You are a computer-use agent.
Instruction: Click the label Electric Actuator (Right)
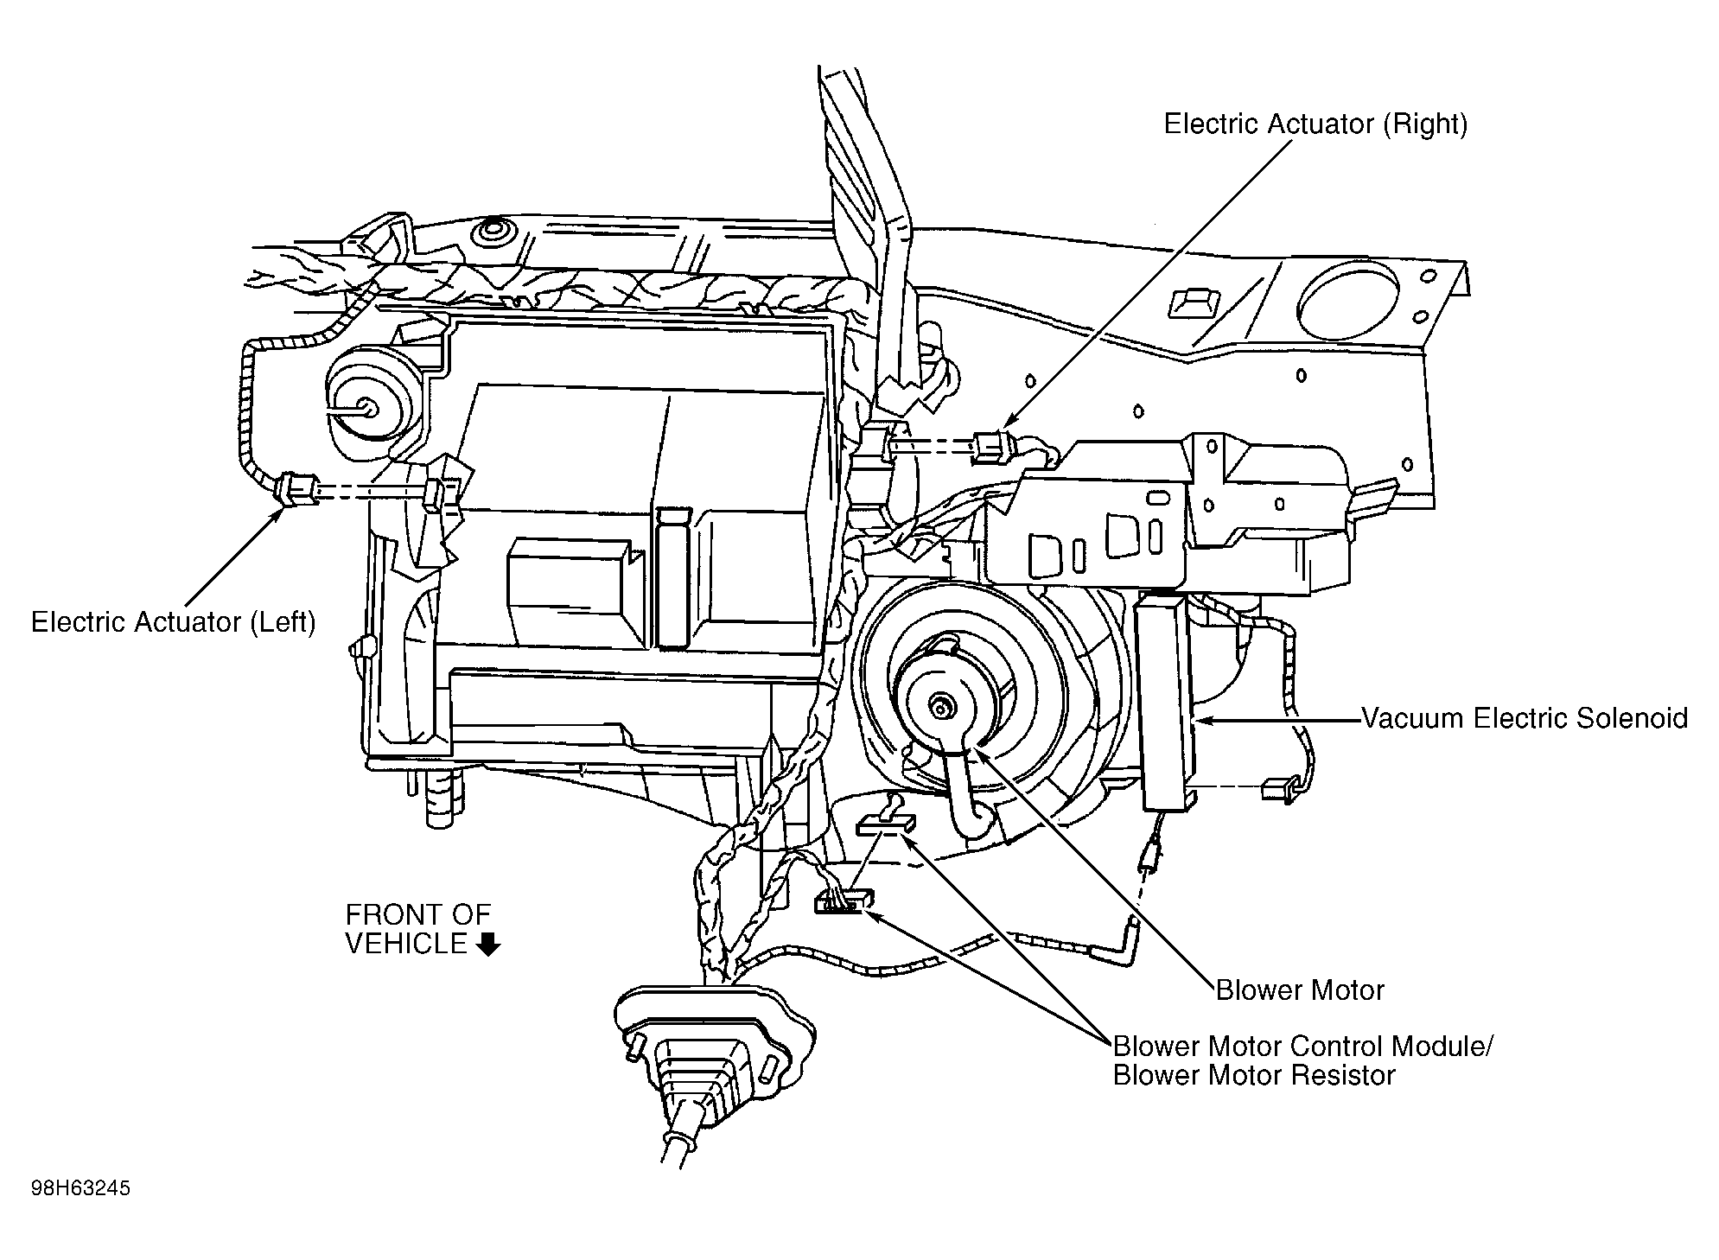pyautogui.click(x=1315, y=124)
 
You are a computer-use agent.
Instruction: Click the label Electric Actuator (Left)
pyautogui.click(x=173, y=622)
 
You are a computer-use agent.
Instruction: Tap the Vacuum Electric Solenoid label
pyautogui.click(x=1525, y=718)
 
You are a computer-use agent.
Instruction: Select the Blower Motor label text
pyautogui.click(x=1300, y=990)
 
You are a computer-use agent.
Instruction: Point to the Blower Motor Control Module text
pyautogui.click(x=1302, y=1047)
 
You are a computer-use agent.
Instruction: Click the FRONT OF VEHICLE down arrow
pyautogui.click(x=488, y=945)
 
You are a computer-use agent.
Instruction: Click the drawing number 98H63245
pyautogui.click(x=80, y=1189)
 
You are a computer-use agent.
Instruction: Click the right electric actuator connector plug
pyautogui.click(x=990, y=446)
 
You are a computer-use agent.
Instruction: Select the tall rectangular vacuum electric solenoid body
pyautogui.click(x=1165, y=700)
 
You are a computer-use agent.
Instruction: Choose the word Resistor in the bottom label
pyautogui.click(x=1343, y=1076)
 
